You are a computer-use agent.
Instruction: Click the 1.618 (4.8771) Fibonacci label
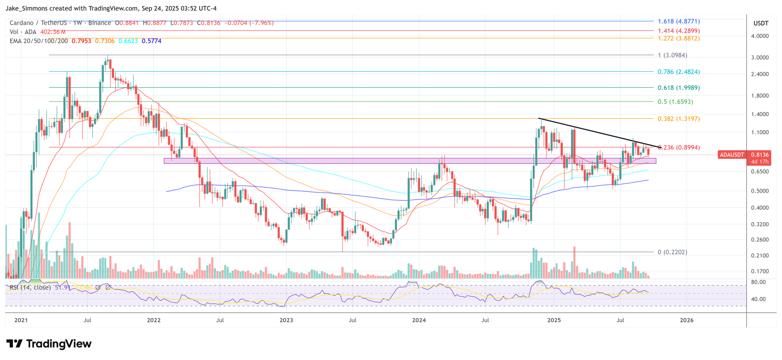pyautogui.click(x=679, y=22)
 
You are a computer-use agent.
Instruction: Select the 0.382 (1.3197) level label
pyautogui.click(x=679, y=119)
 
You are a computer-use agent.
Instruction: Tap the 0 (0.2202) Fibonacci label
pyautogui.click(x=672, y=252)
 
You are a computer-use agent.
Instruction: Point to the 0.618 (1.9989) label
pyautogui.click(x=679, y=88)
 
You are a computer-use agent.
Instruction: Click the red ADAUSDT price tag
pyautogui.click(x=731, y=155)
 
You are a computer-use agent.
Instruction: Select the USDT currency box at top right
pyautogui.click(x=761, y=23)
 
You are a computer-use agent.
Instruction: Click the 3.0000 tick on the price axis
pyautogui.click(x=759, y=58)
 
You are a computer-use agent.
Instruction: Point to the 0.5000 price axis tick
pyautogui.click(x=759, y=191)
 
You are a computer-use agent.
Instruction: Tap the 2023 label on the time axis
pyautogui.click(x=286, y=320)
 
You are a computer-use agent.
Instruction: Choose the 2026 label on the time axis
pyautogui.click(x=687, y=320)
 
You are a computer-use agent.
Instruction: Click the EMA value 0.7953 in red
pyautogui.click(x=81, y=41)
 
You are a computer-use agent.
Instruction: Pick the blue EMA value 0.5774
pyautogui.click(x=151, y=41)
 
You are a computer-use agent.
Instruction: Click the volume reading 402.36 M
pyautogui.click(x=53, y=32)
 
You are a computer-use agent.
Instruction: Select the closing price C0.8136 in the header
pyautogui.click(x=208, y=23)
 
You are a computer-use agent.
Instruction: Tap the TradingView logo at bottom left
pyautogui.click(x=49, y=344)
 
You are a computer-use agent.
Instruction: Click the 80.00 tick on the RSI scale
pyautogui.click(x=758, y=282)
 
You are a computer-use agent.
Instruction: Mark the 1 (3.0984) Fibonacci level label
pyautogui.click(x=672, y=55)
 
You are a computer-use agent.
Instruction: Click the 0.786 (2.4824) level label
pyautogui.click(x=679, y=72)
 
